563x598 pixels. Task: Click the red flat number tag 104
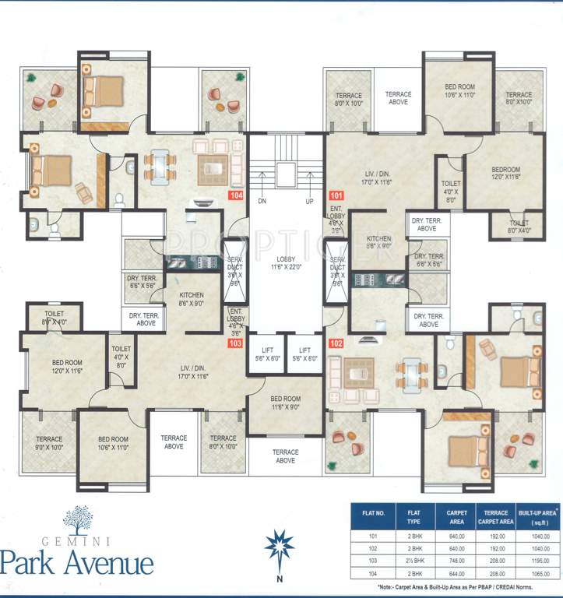(x=236, y=196)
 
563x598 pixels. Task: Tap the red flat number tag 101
(x=336, y=196)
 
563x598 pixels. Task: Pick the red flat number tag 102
(x=336, y=343)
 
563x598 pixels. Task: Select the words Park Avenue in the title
(x=77, y=561)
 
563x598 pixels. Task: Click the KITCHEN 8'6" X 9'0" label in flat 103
(x=192, y=300)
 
